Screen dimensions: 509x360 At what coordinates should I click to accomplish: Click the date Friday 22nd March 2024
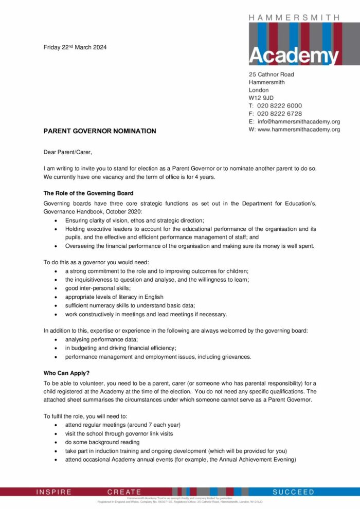[x=75, y=48]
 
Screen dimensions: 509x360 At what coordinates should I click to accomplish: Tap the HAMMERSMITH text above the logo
[x=294, y=17]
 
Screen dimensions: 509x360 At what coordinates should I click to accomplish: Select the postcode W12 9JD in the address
[x=261, y=98]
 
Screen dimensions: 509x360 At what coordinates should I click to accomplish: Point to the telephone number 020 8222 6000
[x=279, y=105]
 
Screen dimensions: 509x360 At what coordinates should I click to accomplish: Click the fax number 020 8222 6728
[x=279, y=114]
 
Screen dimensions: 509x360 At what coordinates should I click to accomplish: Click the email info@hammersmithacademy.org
[x=299, y=122]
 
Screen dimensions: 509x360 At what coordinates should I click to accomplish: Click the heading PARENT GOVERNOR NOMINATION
[x=100, y=131]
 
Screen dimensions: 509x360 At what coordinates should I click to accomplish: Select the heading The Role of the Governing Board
[x=88, y=193]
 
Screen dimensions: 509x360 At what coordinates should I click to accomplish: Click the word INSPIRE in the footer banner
[x=54, y=492]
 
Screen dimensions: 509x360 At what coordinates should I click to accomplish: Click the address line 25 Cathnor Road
[x=272, y=74]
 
